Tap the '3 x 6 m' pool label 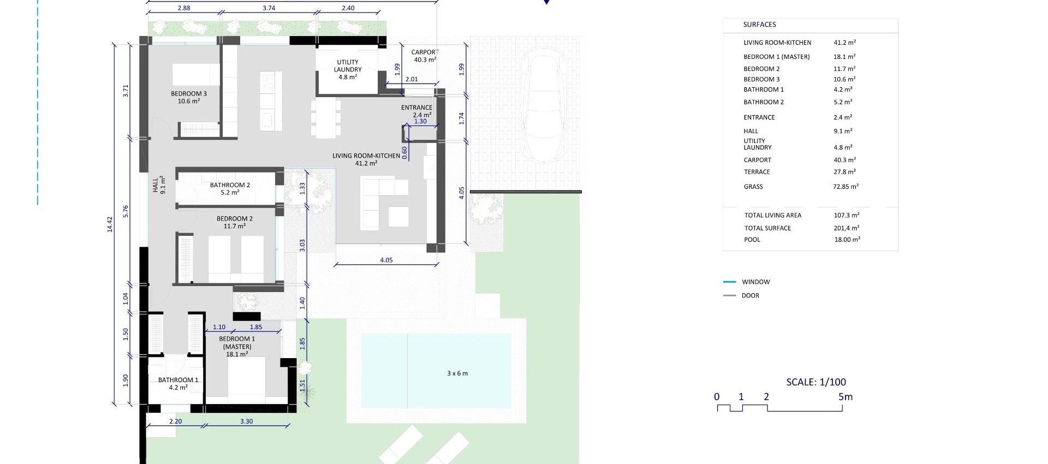point(457,373)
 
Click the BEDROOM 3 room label point(189,94)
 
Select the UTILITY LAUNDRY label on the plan point(348,66)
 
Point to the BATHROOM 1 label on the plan point(178,380)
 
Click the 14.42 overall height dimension point(110,224)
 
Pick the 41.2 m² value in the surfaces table point(844,43)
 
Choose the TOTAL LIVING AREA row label point(772,215)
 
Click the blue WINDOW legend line point(729,282)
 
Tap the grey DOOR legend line point(729,296)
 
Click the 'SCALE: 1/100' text point(816,382)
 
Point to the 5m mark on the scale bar point(845,397)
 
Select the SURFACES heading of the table point(759,25)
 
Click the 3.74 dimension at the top point(269,8)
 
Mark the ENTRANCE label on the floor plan point(416,108)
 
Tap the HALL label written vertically point(156,185)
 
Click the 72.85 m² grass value point(845,187)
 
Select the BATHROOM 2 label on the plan point(230,185)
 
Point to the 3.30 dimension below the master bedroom point(246,421)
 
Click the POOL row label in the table point(752,240)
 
